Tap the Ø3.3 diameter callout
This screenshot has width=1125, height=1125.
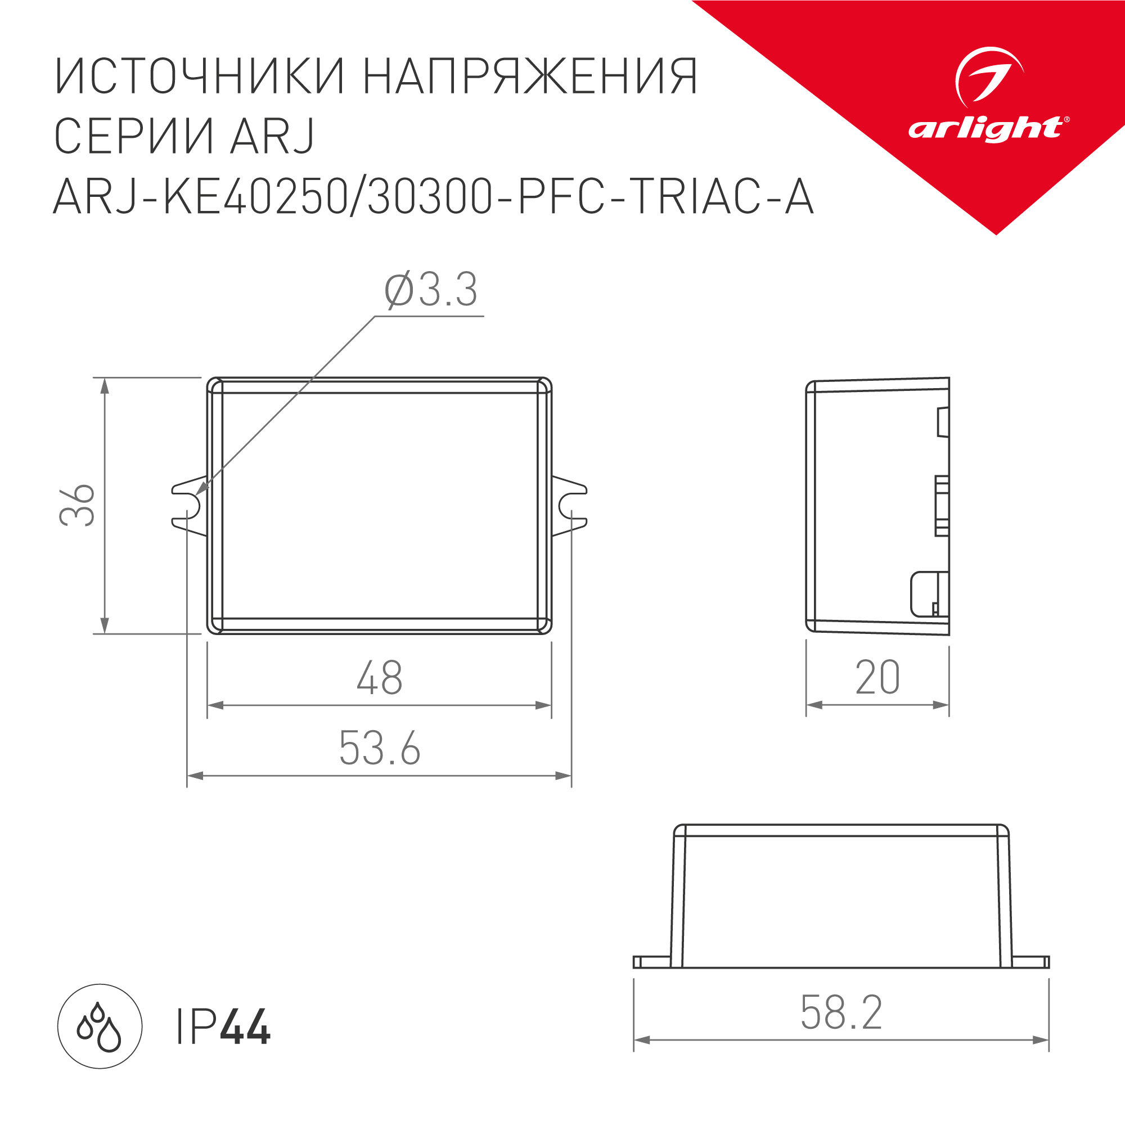click(431, 290)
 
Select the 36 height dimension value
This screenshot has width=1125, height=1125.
click(78, 505)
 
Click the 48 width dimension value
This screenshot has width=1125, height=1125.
click(380, 678)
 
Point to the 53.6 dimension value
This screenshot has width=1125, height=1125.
click(380, 748)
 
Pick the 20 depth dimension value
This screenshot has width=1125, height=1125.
click(877, 677)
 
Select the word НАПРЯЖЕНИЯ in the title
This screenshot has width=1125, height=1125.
click(530, 76)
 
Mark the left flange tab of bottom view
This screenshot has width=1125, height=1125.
click(651, 962)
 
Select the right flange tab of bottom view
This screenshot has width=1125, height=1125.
click(1030, 962)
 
